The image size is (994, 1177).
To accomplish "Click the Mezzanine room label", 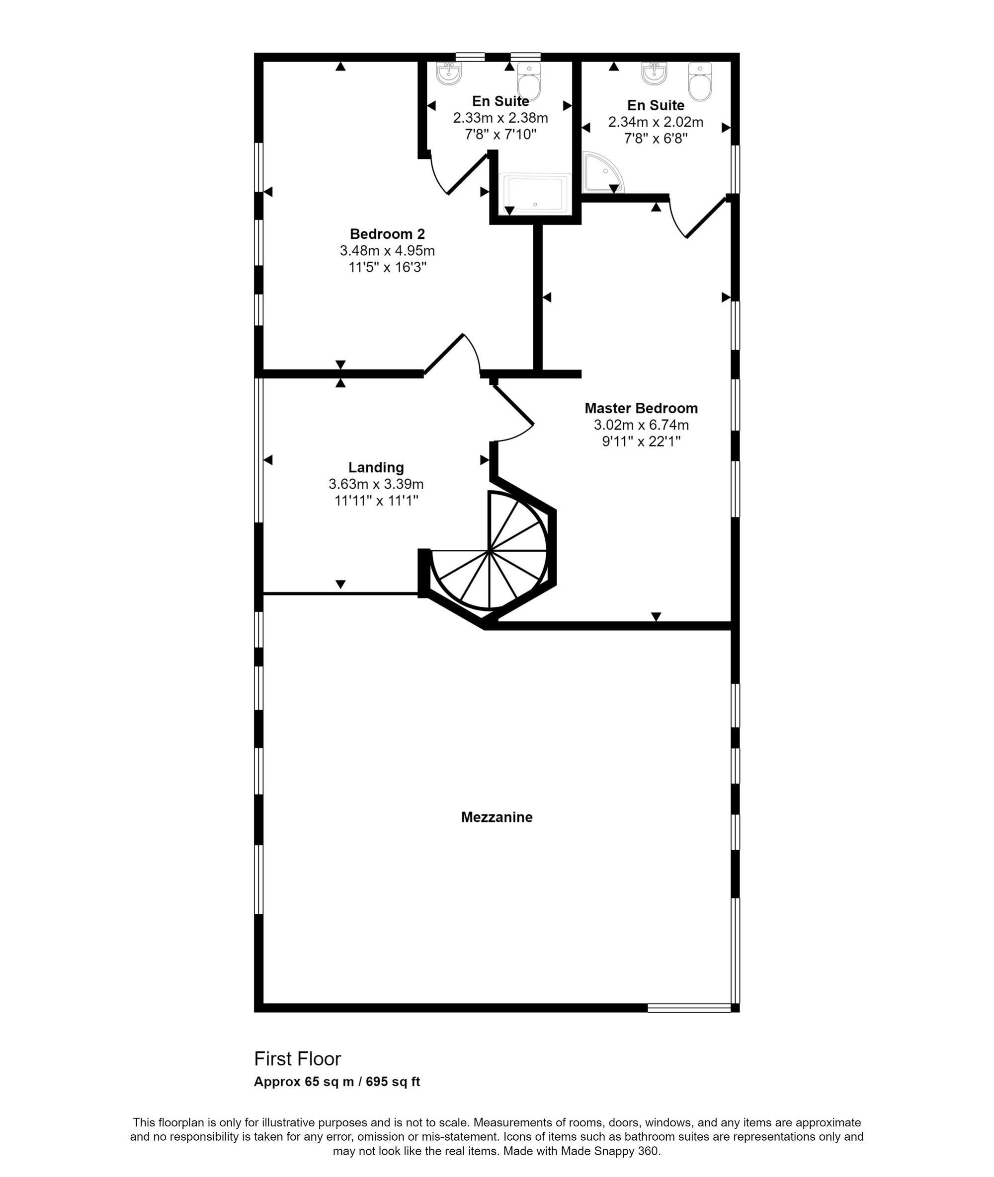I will tap(497, 816).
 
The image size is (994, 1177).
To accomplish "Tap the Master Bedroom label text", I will tap(641, 408).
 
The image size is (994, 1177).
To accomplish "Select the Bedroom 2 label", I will tap(387, 234).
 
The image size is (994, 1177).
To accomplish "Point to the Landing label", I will tap(376, 467).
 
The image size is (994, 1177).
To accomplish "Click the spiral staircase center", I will tap(489, 551).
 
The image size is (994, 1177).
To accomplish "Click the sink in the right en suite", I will tap(654, 73).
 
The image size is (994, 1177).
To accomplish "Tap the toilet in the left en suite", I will tap(528, 81).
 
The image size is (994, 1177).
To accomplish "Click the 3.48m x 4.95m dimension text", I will tap(387, 251).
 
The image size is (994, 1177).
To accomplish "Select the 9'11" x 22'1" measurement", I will tap(641, 441).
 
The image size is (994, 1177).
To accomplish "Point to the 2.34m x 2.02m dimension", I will tap(656, 122).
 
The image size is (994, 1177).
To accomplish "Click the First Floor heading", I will tap(298, 1059).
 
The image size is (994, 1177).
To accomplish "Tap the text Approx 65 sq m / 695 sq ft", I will tap(336, 1081).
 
